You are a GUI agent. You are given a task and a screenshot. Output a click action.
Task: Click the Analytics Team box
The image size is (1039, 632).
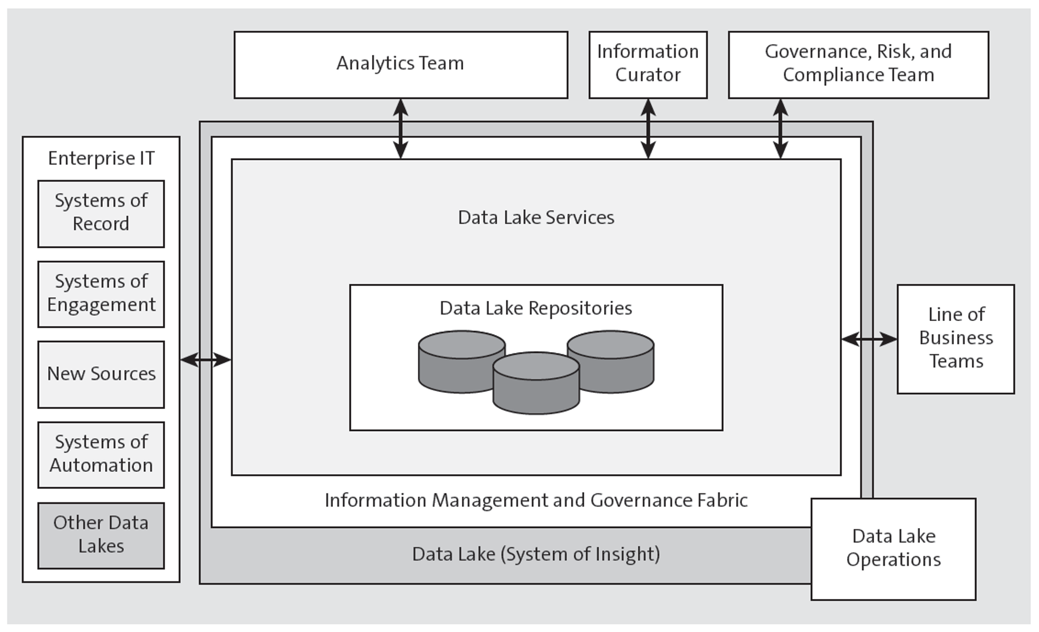[400, 65]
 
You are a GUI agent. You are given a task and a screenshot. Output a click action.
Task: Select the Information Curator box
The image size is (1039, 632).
[647, 65]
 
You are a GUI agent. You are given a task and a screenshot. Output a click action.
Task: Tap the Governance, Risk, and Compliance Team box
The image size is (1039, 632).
[858, 65]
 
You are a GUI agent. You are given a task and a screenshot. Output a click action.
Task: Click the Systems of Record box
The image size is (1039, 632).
[101, 213]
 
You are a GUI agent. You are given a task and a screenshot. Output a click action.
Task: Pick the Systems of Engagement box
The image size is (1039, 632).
[101, 293]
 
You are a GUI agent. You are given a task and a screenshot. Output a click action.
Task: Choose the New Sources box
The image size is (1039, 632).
[101, 374]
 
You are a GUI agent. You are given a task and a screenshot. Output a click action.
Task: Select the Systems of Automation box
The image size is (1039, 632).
[101, 454]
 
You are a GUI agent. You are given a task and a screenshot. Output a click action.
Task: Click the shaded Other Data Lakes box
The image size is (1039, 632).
[101, 535]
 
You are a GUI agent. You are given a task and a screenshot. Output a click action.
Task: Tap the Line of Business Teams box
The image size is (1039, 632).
[955, 339]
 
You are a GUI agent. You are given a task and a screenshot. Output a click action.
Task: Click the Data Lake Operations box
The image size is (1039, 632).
[893, 549]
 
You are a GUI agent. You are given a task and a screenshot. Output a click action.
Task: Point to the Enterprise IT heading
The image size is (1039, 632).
[101, 158]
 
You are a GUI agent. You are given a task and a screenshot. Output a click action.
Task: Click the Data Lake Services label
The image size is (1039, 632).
[535, 218]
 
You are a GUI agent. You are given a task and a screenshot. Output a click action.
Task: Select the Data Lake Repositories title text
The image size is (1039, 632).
[535, 308]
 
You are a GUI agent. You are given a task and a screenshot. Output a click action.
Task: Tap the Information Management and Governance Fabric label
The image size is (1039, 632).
[535, 501]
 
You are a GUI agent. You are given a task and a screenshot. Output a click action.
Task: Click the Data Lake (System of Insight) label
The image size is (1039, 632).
[535, 555]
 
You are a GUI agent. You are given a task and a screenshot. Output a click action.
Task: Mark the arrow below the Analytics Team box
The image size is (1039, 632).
[400, 129]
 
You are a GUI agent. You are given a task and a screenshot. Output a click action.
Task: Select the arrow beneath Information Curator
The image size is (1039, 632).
[647, 129]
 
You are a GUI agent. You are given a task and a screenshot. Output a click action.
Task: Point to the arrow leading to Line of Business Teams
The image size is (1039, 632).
[869, 339]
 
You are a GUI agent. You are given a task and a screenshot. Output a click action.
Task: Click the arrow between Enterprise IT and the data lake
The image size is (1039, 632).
[205, 359]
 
